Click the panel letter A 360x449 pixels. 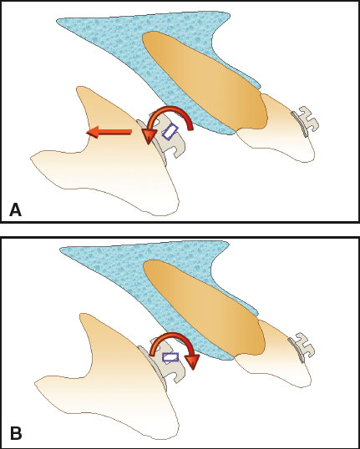click(16, 210)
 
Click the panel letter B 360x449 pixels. click(16, 434)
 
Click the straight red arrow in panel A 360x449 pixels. click(109, 132)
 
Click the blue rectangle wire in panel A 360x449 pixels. click(170, 131)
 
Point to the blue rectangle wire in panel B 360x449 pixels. click(170, 357)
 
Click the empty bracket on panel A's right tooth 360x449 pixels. click(306, 121)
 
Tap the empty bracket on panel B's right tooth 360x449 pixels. click(302, 347)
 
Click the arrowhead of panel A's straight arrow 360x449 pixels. click(93, 132)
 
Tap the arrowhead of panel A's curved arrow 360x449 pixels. click(149, 137)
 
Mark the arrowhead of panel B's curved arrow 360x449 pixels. click(192, 361)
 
